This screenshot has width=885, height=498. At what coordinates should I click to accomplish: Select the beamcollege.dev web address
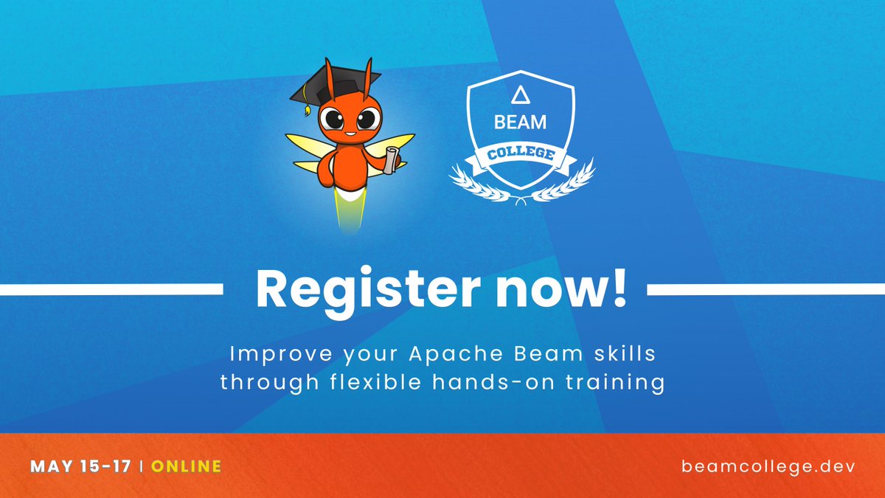pos(768,466)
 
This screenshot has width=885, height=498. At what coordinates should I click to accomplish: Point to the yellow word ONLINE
pos(189,466)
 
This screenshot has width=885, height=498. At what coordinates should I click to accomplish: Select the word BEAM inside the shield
pos(521,122)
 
